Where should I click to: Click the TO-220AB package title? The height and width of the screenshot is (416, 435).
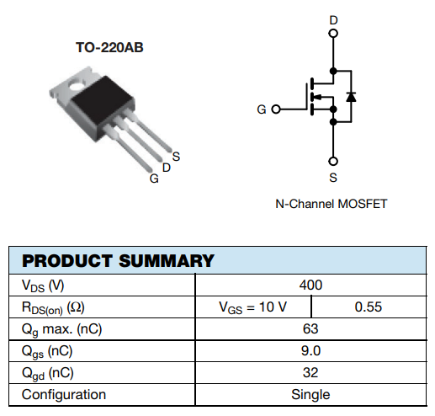click(109, 47)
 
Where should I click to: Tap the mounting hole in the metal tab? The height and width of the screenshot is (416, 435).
click(77, 83)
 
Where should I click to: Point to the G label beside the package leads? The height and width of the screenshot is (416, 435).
click(154, 179)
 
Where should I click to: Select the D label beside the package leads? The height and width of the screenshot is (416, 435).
click(167, 168)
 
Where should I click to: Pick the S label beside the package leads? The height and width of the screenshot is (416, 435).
click(176, 157)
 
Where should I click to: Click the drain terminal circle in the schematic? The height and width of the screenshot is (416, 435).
click(333, 34)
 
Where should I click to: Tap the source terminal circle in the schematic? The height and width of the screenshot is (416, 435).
click(333, 161)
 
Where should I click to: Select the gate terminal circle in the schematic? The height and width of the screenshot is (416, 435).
click(276, 109)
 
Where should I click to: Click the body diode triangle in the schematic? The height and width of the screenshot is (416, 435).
click(351, 97)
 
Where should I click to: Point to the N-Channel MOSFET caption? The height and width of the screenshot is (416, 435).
click(332, 204)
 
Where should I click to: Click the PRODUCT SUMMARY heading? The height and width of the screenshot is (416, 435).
click(118, 261)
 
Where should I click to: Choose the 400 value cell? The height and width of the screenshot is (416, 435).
click(310, 285)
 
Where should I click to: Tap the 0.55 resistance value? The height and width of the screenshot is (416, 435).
click(369, 307)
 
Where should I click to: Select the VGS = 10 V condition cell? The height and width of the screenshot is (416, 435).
click(252, 307)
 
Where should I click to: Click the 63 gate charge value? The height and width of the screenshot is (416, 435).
click(310, 328)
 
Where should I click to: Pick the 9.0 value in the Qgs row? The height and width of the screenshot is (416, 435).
click(310, 350)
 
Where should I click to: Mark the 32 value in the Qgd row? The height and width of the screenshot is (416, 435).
click(310, 372)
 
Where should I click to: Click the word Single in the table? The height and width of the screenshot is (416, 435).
click(310, 395)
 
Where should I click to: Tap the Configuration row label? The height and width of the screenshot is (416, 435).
click(64, 395)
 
